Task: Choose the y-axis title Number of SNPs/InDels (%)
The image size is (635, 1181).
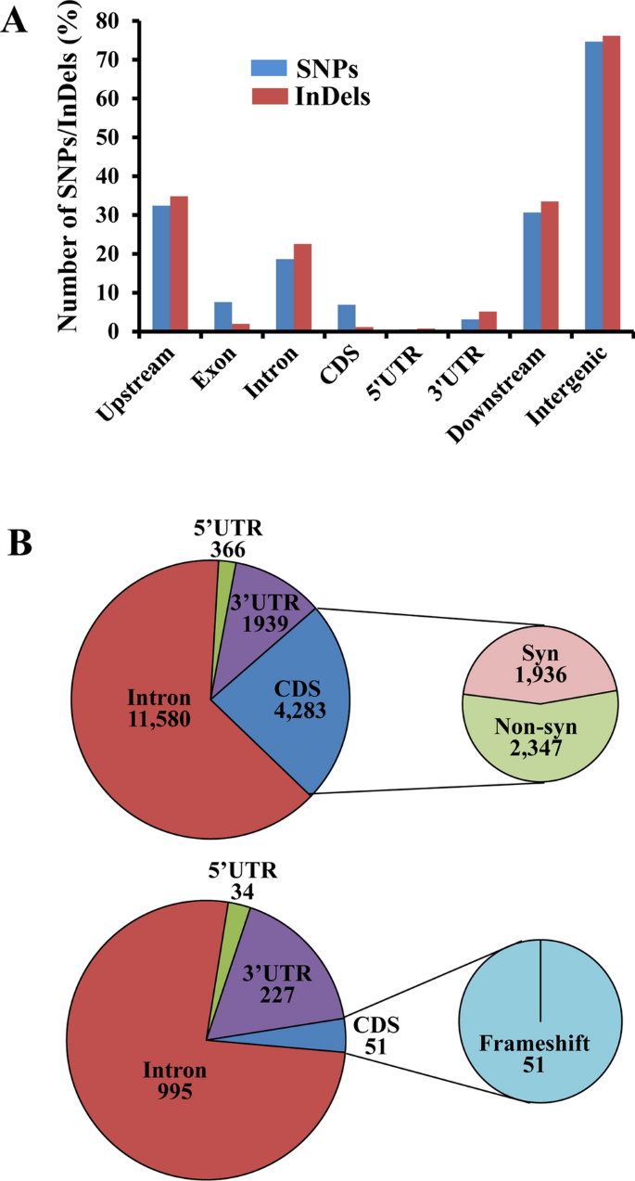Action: click(x=70, y=176)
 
